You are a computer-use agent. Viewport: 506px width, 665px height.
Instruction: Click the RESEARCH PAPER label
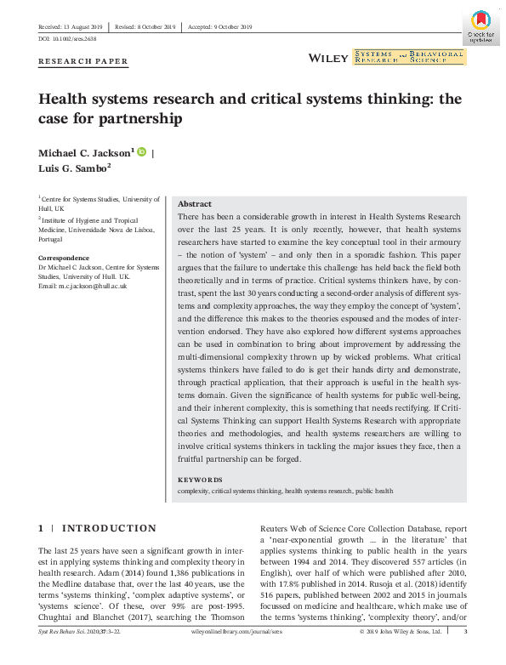(83, 61)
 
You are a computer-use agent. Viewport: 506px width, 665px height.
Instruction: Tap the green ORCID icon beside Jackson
(142, 151)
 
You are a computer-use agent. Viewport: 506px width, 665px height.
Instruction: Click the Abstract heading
(194, 205)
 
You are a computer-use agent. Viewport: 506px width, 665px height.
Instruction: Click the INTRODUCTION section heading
(110, 528)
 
